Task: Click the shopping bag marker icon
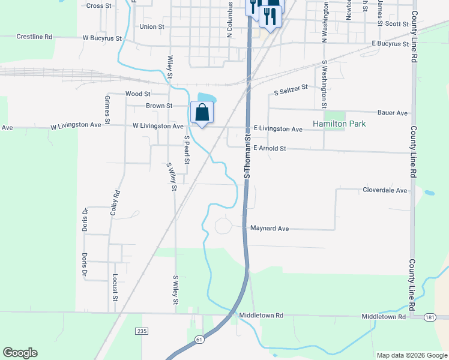point(202,112)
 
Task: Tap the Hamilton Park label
point(339,124)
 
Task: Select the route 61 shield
point(199,339)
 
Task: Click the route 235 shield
point(141,331)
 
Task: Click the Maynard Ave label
point(270,229)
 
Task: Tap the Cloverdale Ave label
point(385,190)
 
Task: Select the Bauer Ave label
point(393,113)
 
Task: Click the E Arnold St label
point(270,148)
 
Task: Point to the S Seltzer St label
point(291,90)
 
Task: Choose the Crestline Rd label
point(34,37)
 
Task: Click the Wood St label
point(137,94)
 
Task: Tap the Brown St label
point(159,106)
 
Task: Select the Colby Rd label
point(116,203)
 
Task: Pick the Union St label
point(151,27)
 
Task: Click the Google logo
point(20,353)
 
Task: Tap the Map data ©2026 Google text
point(412,355)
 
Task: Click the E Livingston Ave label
point(277,129)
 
